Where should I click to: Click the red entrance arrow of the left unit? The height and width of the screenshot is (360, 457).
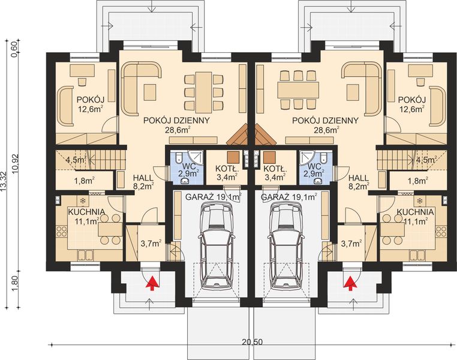point(152,284)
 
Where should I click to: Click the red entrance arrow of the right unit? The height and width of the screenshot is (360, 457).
point(351,284)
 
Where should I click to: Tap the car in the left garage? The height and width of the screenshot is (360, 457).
point(217,245)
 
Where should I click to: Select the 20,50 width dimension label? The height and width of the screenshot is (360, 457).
point(252,342)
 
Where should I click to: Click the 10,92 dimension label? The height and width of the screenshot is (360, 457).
point(16,164)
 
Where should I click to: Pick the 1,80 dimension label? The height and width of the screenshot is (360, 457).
point(16,284)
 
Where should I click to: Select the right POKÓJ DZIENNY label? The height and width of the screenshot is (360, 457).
point(325,121)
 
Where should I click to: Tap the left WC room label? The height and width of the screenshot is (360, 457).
point(188,167)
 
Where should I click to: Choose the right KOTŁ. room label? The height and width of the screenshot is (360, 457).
point(275,169)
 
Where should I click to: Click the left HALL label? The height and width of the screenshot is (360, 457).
point(143,178)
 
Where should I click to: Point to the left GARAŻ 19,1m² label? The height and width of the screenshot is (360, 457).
point(214,197)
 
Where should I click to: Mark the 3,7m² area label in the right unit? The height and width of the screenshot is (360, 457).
point(351,243)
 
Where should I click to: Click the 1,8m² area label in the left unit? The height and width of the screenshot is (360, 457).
point(84,181)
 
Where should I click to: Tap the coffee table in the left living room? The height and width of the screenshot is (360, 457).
point(150,92)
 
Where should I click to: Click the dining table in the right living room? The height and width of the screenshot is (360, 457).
point(299,90)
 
